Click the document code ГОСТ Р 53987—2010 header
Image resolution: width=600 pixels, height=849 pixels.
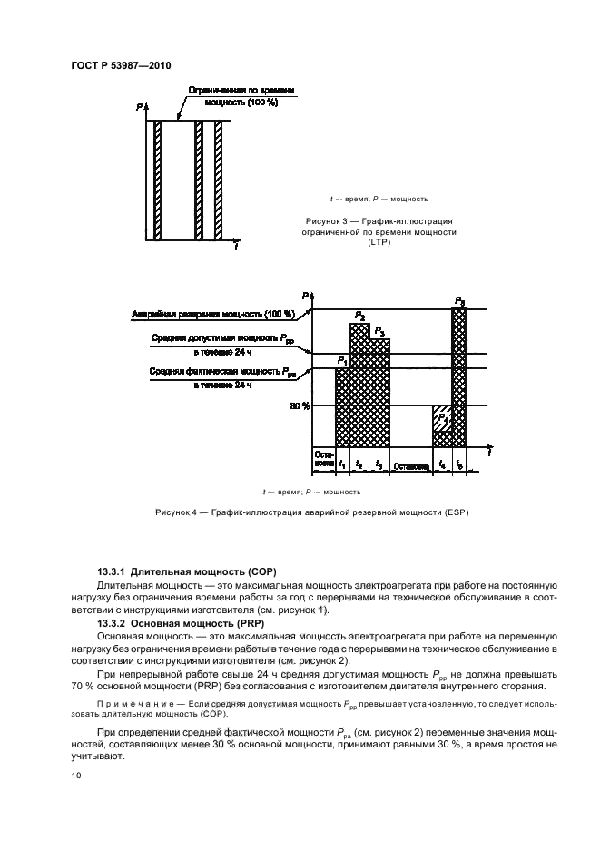pos(120,65)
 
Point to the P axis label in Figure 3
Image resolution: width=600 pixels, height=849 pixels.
pos(140,107)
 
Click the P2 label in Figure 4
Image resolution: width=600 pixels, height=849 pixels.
pos(360,317)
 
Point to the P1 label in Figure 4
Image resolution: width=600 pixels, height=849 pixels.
pos(342,361)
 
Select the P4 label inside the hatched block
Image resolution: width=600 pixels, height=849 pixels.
pos(443,419)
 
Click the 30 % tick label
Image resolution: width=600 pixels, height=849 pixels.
pos(300,406)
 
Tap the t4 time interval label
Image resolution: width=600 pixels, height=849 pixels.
pos(442,464)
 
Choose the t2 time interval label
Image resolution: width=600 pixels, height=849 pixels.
pos(359,464)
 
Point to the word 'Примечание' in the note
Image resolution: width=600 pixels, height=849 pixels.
pos(128,703)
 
